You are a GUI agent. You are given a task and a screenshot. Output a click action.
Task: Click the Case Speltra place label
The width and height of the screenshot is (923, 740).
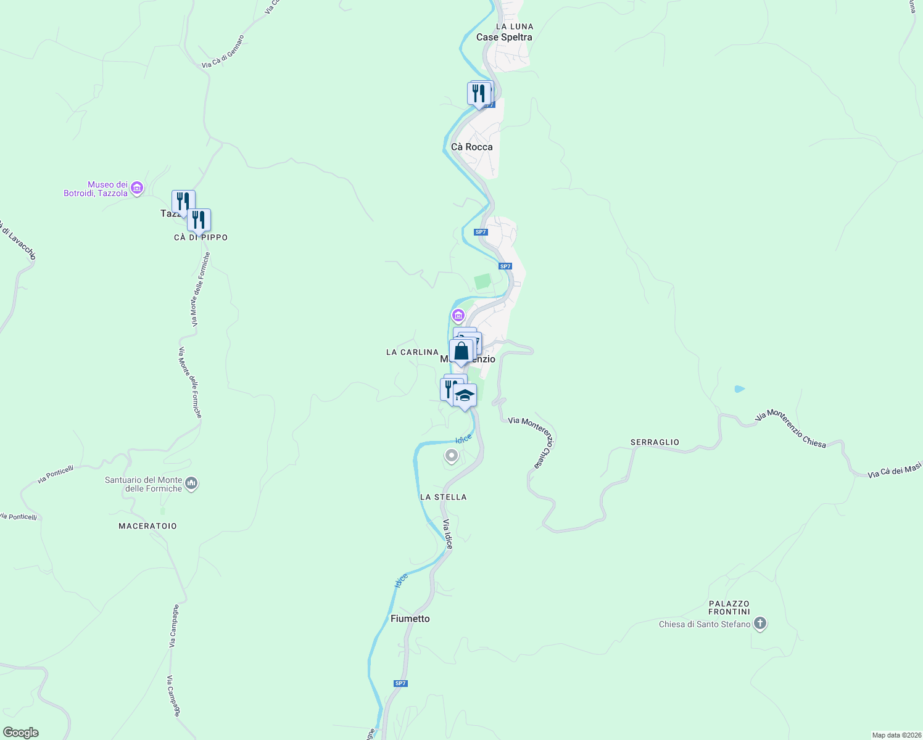coord(504,37)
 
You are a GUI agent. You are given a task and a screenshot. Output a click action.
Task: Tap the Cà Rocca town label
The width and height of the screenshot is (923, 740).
coord(472,147)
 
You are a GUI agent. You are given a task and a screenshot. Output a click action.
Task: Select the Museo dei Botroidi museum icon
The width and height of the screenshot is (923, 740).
coord(137,187)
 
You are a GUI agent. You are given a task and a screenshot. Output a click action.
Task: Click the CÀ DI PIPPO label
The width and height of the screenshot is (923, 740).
coord(201,237)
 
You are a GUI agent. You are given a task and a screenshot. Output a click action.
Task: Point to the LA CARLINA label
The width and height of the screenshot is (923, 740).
coord(412,352)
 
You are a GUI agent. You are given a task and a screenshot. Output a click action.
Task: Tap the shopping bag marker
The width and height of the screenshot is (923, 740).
coord(461,352)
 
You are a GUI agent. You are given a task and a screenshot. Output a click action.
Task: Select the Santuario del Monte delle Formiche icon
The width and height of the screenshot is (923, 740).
coord(191,483)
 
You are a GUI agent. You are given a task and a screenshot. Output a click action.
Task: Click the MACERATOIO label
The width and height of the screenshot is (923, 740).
coord(147,526)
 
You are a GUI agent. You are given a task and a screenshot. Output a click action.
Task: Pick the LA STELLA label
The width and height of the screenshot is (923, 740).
coord(443,497)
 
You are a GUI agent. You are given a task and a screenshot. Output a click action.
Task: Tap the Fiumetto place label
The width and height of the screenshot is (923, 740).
coord(410,619)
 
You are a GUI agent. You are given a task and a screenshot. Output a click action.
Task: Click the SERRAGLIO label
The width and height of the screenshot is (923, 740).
coord(655,442)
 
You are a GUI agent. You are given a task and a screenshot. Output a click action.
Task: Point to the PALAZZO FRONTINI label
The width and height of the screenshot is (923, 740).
coord(729,607)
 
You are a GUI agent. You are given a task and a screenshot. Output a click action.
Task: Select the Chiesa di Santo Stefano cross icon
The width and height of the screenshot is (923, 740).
coord(760,623)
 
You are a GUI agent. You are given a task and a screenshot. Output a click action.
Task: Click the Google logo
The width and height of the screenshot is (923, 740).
coord(20,733)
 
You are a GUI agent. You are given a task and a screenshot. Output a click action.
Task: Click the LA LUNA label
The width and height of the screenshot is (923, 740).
coord(515,27)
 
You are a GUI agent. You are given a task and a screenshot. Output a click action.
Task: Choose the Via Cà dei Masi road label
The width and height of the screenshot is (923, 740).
coord(894,471)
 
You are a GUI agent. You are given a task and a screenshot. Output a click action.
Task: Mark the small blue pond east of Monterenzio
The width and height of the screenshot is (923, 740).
coord(739,389)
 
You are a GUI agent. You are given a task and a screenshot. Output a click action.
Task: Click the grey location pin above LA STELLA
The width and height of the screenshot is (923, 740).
coord(452,456)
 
